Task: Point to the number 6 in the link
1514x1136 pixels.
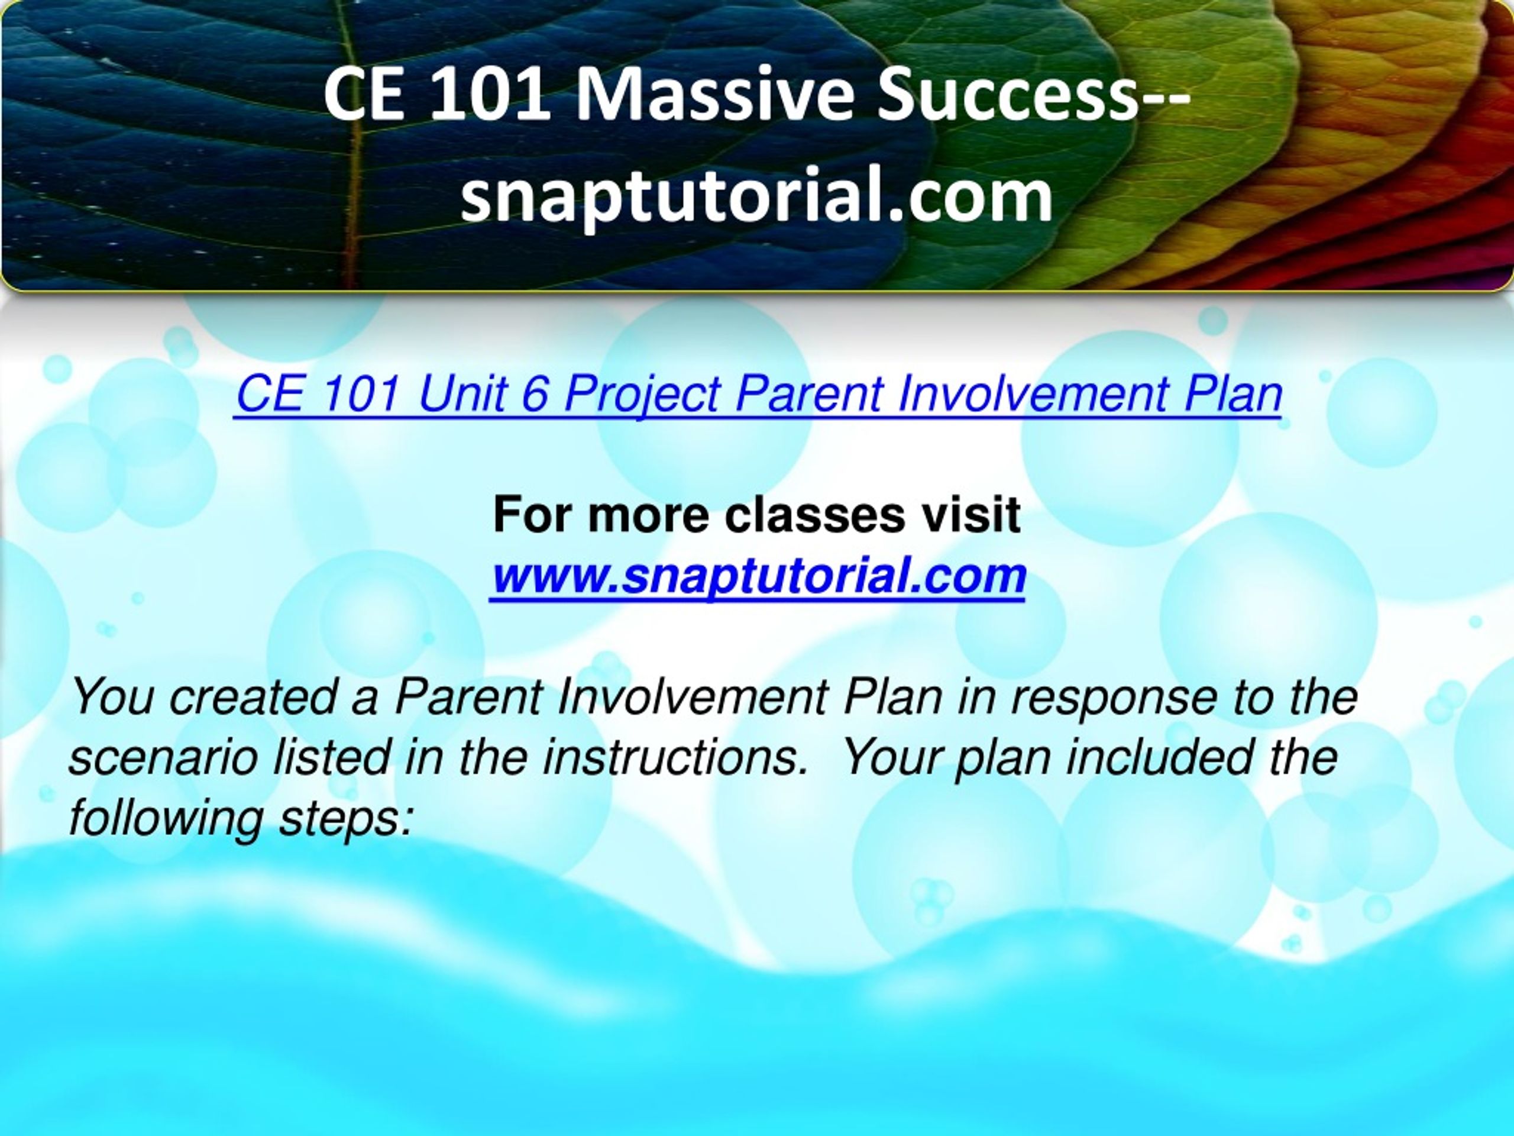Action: [x=535, y=395]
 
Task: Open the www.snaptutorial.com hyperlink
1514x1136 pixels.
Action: [x=758, y=576]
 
